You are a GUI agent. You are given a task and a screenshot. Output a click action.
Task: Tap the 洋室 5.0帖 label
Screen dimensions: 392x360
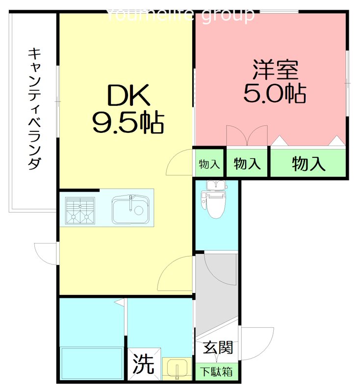pos(275,81)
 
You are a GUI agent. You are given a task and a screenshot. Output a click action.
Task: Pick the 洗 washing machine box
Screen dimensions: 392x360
pos(144,364)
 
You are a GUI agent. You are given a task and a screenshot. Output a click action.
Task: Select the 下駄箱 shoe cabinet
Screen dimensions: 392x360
pos(217,371)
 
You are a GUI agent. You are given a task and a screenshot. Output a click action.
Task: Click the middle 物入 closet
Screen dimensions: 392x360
pos(247,164)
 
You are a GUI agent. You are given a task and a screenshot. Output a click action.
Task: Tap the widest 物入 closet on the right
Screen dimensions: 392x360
pos(309,164)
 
